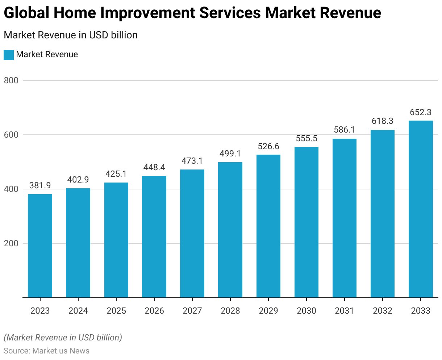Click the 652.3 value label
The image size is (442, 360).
(x=421, y=112)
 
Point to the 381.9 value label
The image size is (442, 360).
(x=40, y=185)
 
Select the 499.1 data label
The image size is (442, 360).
(x=230, y=154)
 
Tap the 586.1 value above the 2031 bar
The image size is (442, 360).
(x=345, y=130)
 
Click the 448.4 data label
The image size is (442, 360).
(x=154, y=167)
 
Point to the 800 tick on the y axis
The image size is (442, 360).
(x=11, y=80)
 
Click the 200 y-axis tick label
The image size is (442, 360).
(x=11, y=243)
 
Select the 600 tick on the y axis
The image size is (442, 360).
(x=11, y=135)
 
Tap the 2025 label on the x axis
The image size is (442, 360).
(x=116, y=311)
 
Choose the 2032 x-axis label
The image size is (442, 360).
(x=383, y=311)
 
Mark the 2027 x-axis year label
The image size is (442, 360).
(x=192, y=311)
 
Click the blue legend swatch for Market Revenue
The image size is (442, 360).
(x=9, y=55)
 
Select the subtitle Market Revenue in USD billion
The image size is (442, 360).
(x=71, y=35)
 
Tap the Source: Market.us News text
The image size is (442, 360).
(x=46, y=351)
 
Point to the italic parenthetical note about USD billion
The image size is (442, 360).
(x=63, y=338)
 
